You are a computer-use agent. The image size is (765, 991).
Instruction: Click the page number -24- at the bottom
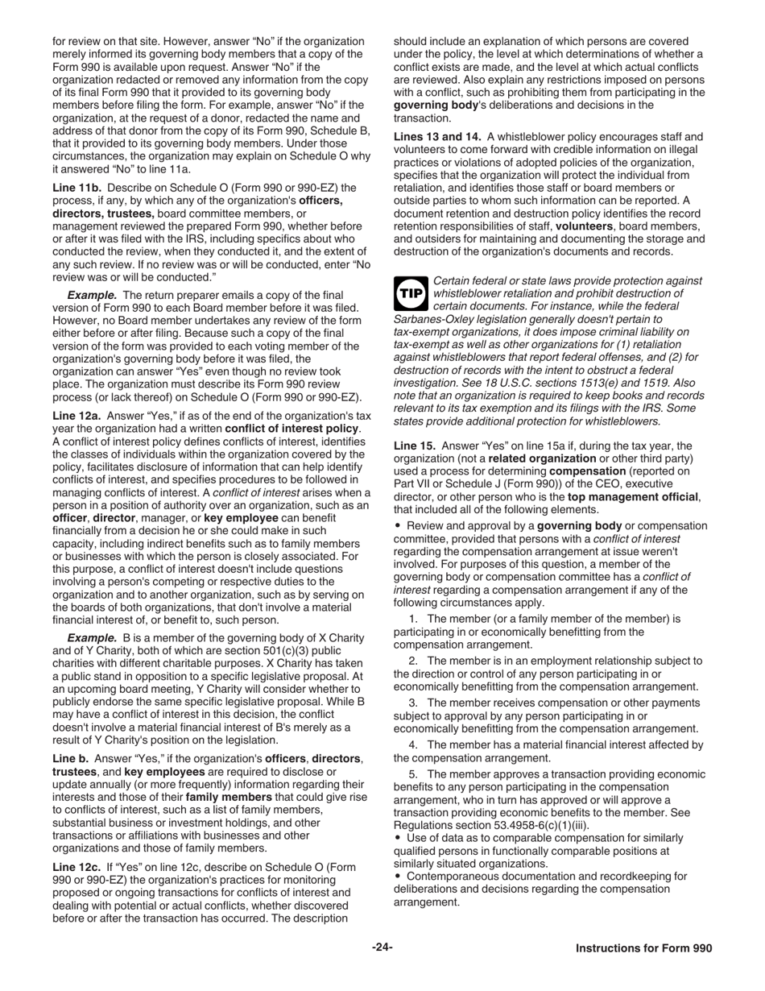coord(382,947)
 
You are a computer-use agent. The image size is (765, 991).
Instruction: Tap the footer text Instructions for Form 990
coord(643,948)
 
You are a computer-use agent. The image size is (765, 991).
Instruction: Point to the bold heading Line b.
coord(71,759)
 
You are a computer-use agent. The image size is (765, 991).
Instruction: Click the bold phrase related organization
coord(540,458)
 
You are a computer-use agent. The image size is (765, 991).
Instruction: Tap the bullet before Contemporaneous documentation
coord(398,877)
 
